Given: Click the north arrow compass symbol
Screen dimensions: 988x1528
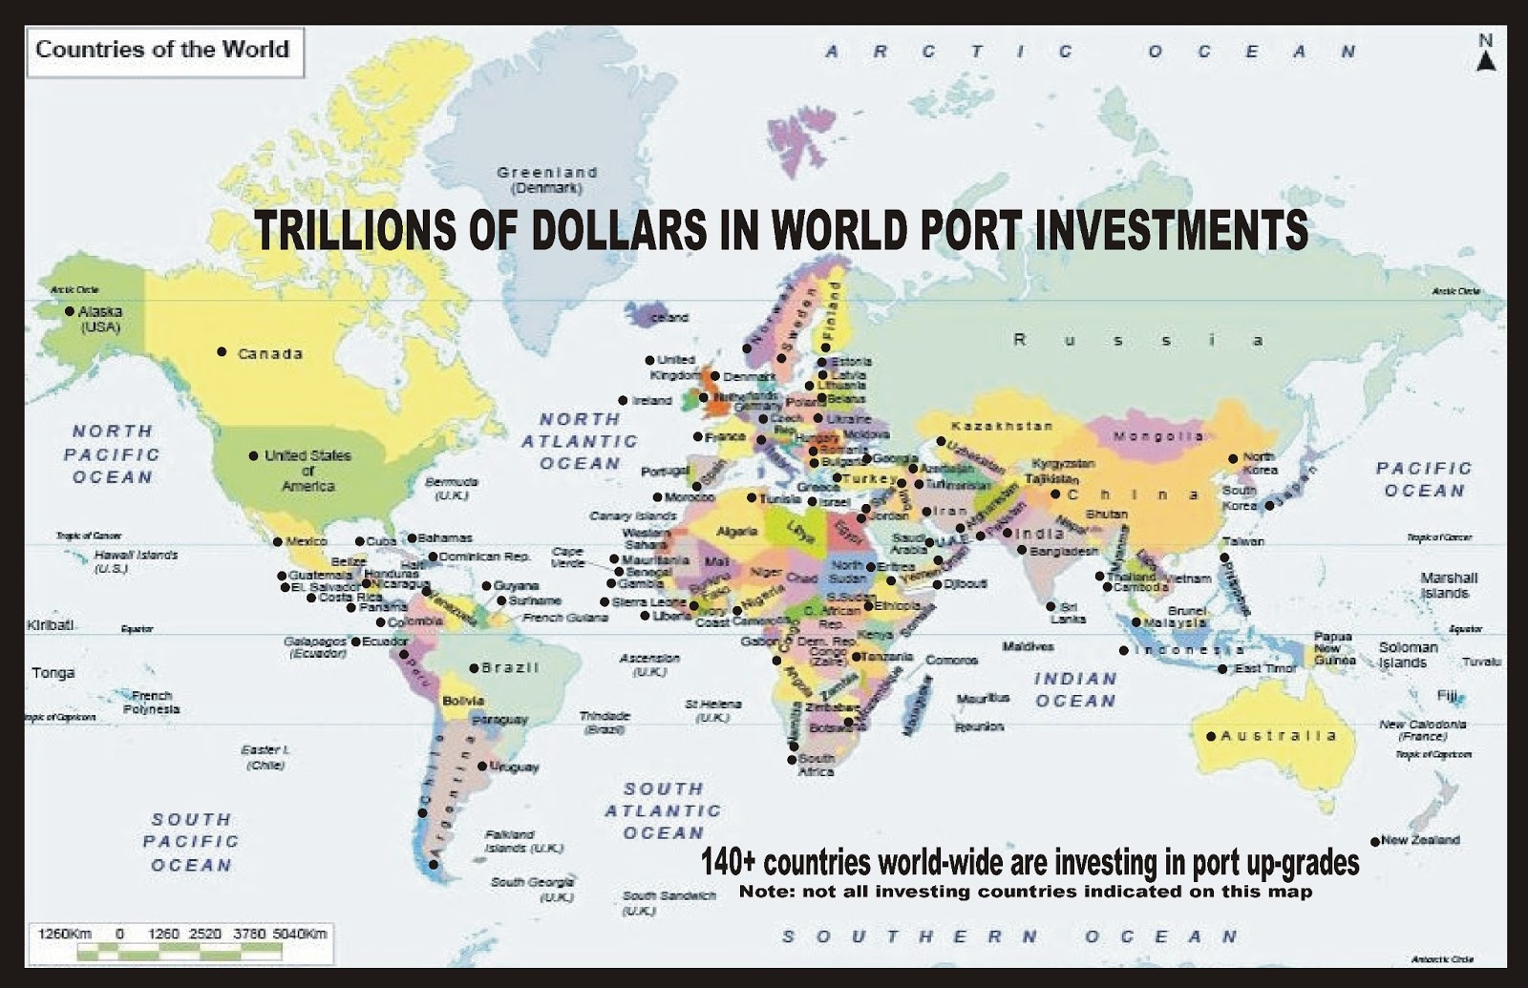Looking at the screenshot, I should (x=1485, y=54).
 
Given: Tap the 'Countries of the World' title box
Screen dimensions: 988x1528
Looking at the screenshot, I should (x=162, y=51).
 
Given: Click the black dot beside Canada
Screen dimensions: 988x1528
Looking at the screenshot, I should (x=222, y=352).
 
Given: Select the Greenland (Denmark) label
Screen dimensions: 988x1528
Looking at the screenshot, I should (x=547, y=179).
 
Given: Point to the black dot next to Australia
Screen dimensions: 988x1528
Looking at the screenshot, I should (x=1211, y=736).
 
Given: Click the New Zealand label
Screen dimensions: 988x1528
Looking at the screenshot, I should (x=1420, y=840).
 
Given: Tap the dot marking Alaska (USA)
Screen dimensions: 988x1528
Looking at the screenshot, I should (x=70, y=310).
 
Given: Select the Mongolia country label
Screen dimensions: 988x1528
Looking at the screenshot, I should (x=1158, y=436).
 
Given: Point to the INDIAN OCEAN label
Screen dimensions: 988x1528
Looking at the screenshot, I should (x=1075, y=689).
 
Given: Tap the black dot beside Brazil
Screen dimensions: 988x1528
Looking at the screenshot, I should (x=474, y=667).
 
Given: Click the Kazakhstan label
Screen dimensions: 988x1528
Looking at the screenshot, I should (x=1002, y=426).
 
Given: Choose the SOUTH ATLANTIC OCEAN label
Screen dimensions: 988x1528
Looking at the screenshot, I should (x=663, y=810).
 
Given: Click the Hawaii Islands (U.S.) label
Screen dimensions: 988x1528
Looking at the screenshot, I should (x=136, y=560).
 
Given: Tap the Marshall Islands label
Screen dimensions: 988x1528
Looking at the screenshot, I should (x=1448, y=585).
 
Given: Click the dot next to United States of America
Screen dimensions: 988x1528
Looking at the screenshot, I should (x=253, y=456).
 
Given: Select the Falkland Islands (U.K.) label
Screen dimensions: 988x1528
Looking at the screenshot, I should (x=523, y=841).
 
